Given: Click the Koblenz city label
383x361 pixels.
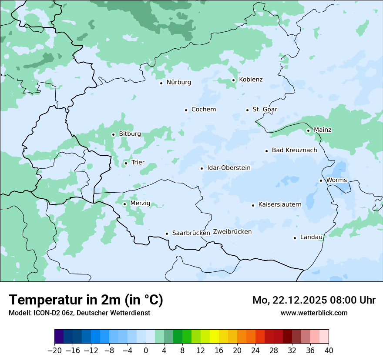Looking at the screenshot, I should click(251, 80).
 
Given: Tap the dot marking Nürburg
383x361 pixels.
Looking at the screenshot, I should click(161, 83).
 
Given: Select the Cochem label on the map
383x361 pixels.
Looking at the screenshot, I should click(204, 110).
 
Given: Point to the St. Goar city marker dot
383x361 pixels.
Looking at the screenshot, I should click(247, 110).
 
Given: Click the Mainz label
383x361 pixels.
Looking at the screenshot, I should click(323, 130).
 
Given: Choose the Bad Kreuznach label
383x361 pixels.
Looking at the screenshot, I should click(294, 150).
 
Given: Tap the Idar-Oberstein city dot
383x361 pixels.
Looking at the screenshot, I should click(202, 168).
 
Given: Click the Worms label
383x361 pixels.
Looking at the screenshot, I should click(336, 180).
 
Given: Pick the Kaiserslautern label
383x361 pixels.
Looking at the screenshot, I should click(280, 204).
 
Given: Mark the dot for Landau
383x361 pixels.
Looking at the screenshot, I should click(295, 238).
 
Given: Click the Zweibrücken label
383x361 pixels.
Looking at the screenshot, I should click(232, 232).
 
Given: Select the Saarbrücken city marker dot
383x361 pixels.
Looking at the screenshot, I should click(167, 234).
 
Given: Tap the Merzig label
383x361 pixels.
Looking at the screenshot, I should click(140, 204).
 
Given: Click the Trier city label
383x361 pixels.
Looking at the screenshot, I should click(138, 163).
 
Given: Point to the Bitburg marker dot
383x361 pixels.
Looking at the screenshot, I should click(113, 134).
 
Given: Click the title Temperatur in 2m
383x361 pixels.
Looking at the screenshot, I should click(86, 300).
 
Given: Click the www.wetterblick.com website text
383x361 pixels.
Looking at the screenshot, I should click(314, 313).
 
